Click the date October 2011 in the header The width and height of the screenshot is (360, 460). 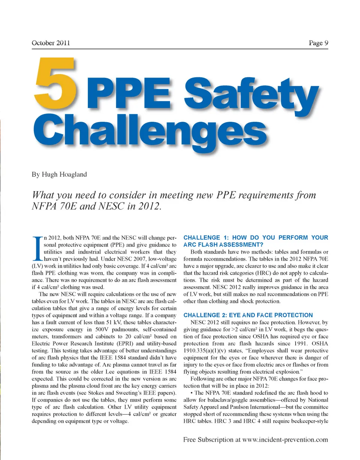click(51, 43)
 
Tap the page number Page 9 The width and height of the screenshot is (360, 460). click(318, 43)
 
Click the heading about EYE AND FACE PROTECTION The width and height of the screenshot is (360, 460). click(248, 315)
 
